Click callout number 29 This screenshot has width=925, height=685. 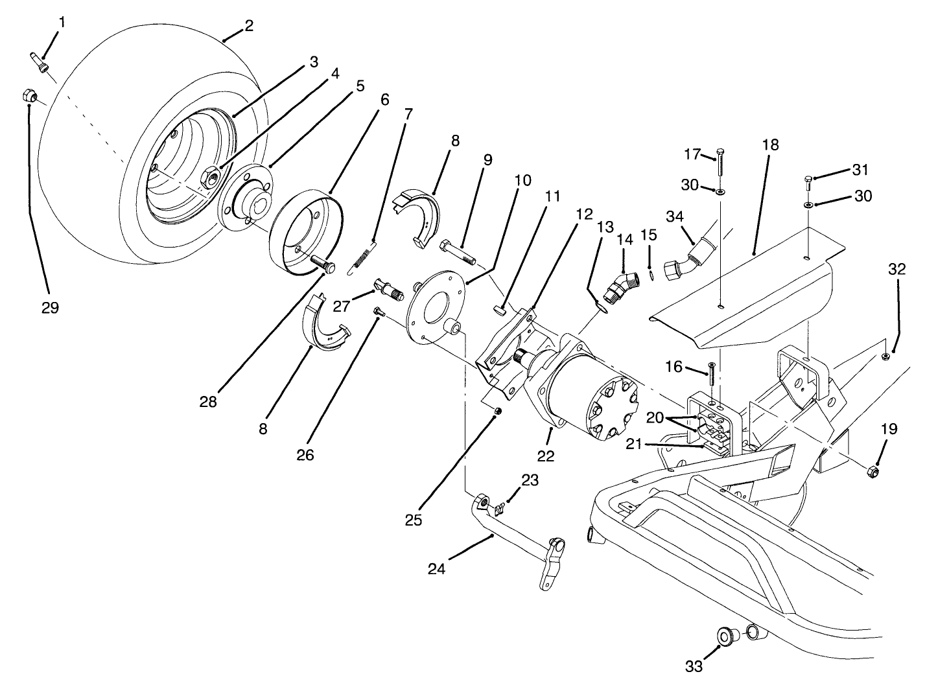click(50, 308)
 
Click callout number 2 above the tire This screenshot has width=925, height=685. click(248, 26)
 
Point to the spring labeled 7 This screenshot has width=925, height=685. click(362, 257)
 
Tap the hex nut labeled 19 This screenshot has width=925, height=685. click(872, 470)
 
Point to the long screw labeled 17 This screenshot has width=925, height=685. click(721, 165)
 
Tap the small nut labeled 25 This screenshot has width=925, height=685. click(497, 412)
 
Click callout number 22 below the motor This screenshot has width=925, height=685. click(546, 456)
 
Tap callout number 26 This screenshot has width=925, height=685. click(305, 455)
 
